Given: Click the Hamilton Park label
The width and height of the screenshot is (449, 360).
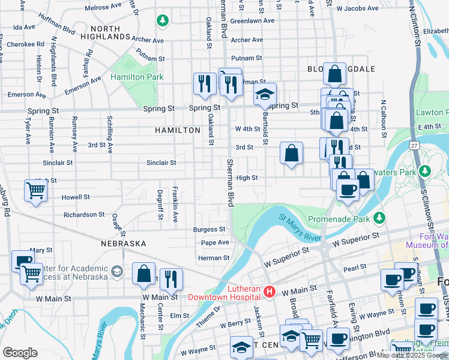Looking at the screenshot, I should click(x=137, y=77).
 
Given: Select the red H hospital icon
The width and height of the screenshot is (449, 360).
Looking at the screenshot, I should click(x=270, y=292).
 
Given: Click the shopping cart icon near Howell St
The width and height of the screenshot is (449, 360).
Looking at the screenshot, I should click(x=35, y=191).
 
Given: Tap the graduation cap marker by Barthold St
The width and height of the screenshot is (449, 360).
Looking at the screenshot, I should click(x=264, y=95).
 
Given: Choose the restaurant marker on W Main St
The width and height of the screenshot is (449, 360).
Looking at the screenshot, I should click(x=171, y=279).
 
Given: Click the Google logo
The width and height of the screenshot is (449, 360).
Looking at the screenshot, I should click(x=20, y=353).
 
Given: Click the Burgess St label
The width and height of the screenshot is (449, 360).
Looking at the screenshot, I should click(x=209, y=229).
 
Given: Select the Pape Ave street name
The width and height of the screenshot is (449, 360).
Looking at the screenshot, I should click(x=215, y=242).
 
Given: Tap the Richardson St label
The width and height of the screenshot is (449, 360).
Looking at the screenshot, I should click(x=84, y=214).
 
